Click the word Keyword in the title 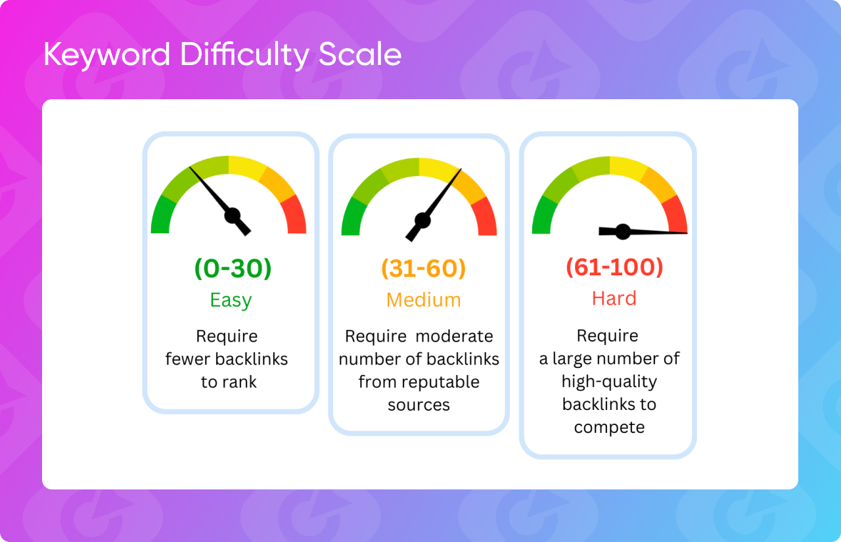click(107, 55)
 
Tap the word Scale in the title click(360, 54)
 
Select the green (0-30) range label click(233, 269)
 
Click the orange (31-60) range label click(424, 269)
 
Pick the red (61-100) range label click(614, 267)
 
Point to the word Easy click(231, 300)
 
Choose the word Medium click(424, 300)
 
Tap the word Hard click(614, 298)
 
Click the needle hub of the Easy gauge click(233, 216)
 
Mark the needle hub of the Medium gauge click(422, 220)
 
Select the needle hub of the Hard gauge click(623, 232)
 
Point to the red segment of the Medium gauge click(485, 217)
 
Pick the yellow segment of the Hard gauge click(628, 168)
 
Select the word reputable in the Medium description click(440, 382)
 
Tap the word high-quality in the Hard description click(609, 382)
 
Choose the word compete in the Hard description click(609, 428)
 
